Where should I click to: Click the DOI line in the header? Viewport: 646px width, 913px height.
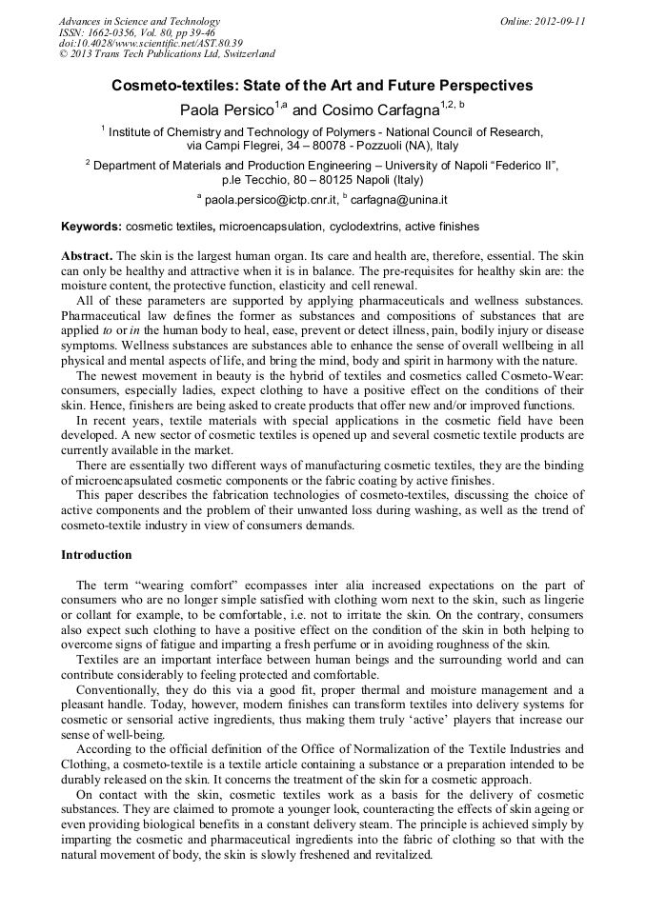click(151, 43)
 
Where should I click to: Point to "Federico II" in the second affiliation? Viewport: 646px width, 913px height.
click(520, 165)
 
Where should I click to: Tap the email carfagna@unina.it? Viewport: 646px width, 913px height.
click(399, 201)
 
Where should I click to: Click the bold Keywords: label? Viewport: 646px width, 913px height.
click(91, 227)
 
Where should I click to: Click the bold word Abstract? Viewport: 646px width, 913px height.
click(87, 257)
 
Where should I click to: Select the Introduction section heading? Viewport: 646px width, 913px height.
click(96, 554)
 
